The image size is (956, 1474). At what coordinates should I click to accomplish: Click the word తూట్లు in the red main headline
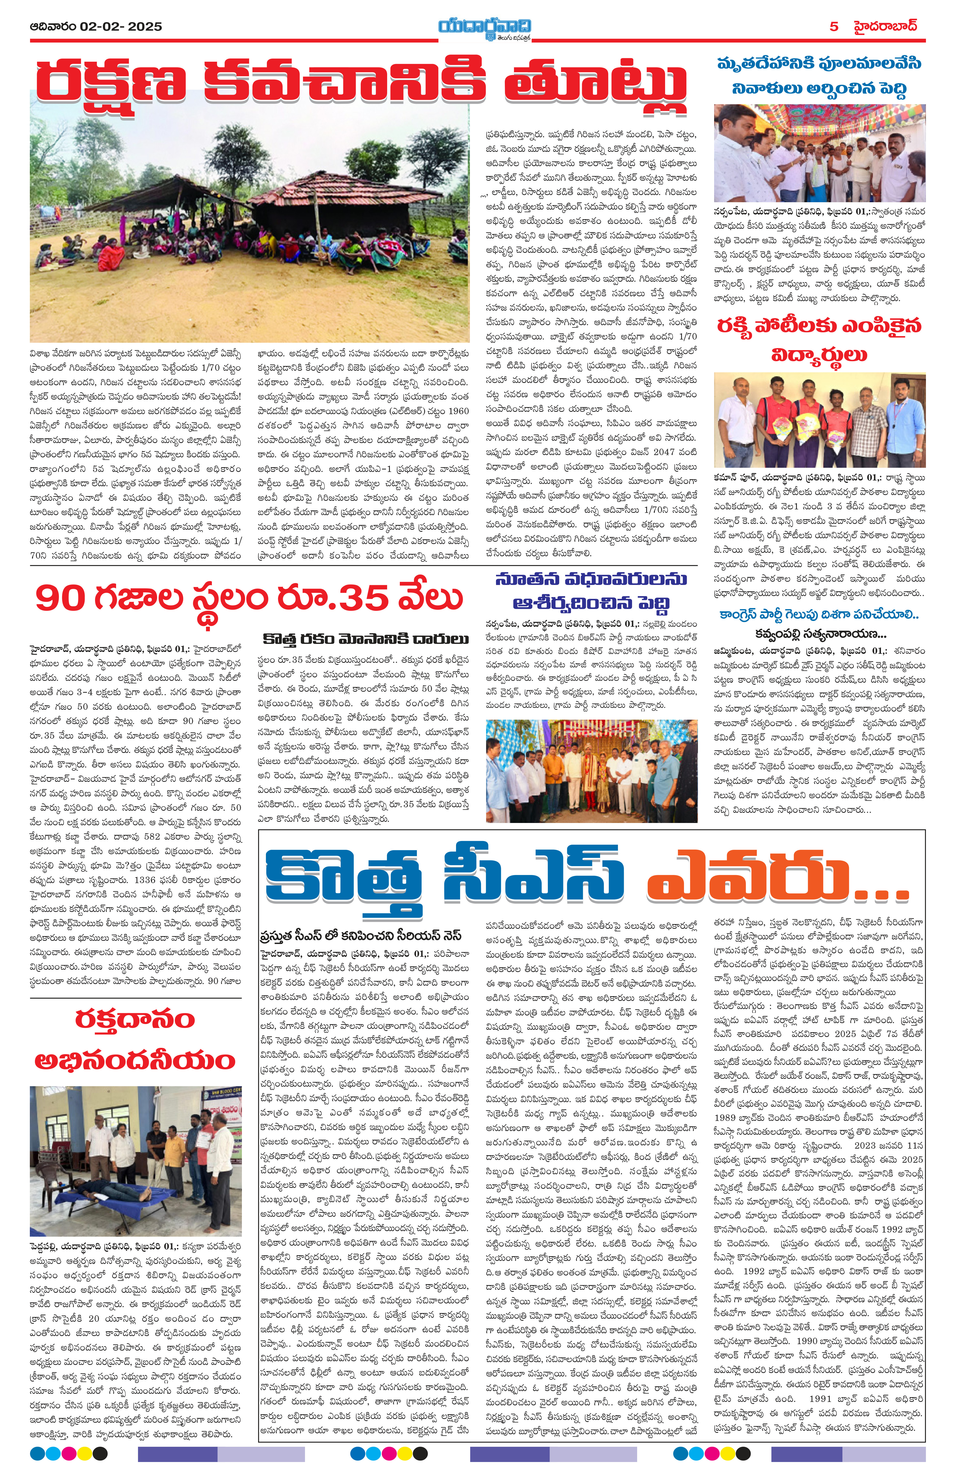tap(595, 84)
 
